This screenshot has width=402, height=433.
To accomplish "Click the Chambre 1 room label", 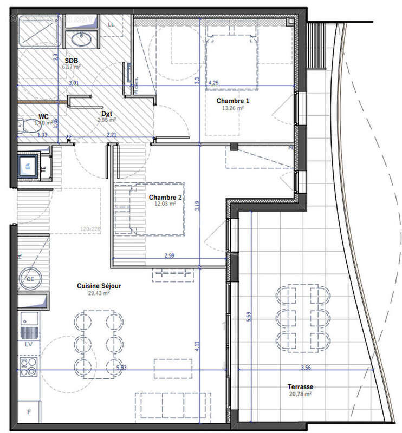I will tap(232, 101).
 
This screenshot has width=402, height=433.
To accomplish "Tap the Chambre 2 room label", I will tap(165, 198).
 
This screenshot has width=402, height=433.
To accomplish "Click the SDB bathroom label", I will tap(71, 61).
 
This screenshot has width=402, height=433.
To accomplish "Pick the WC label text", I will tap(43, 116).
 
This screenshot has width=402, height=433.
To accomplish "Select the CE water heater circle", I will tap(29, 279).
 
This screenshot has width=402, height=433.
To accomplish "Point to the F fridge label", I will tap(29, 412).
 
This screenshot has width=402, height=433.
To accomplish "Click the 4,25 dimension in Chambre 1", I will tap(214, 83).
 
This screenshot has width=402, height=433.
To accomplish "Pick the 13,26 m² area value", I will tap(233, 108).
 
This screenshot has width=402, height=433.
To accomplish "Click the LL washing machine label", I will tap(112, 24).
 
